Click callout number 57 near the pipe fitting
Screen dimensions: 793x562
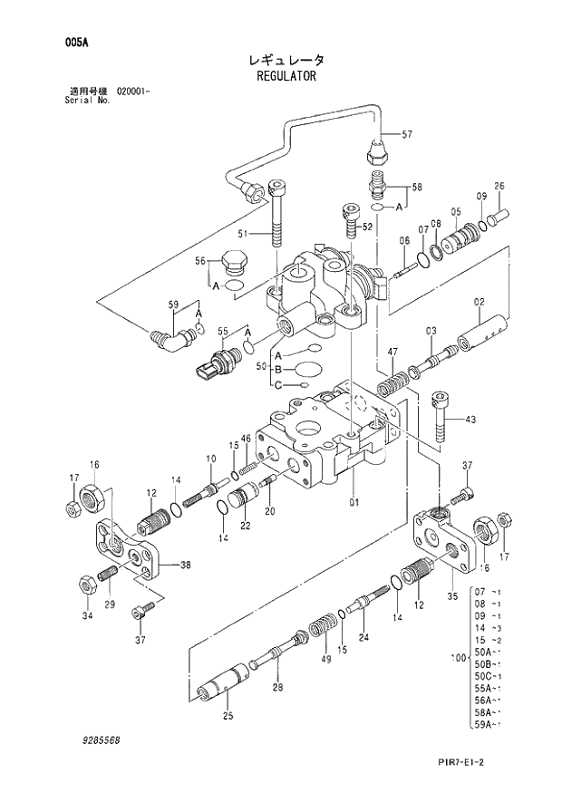[x=406, y=135]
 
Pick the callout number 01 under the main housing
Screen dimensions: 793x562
[x=354, y=501]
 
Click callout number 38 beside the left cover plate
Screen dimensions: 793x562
[x=185, y=566]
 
